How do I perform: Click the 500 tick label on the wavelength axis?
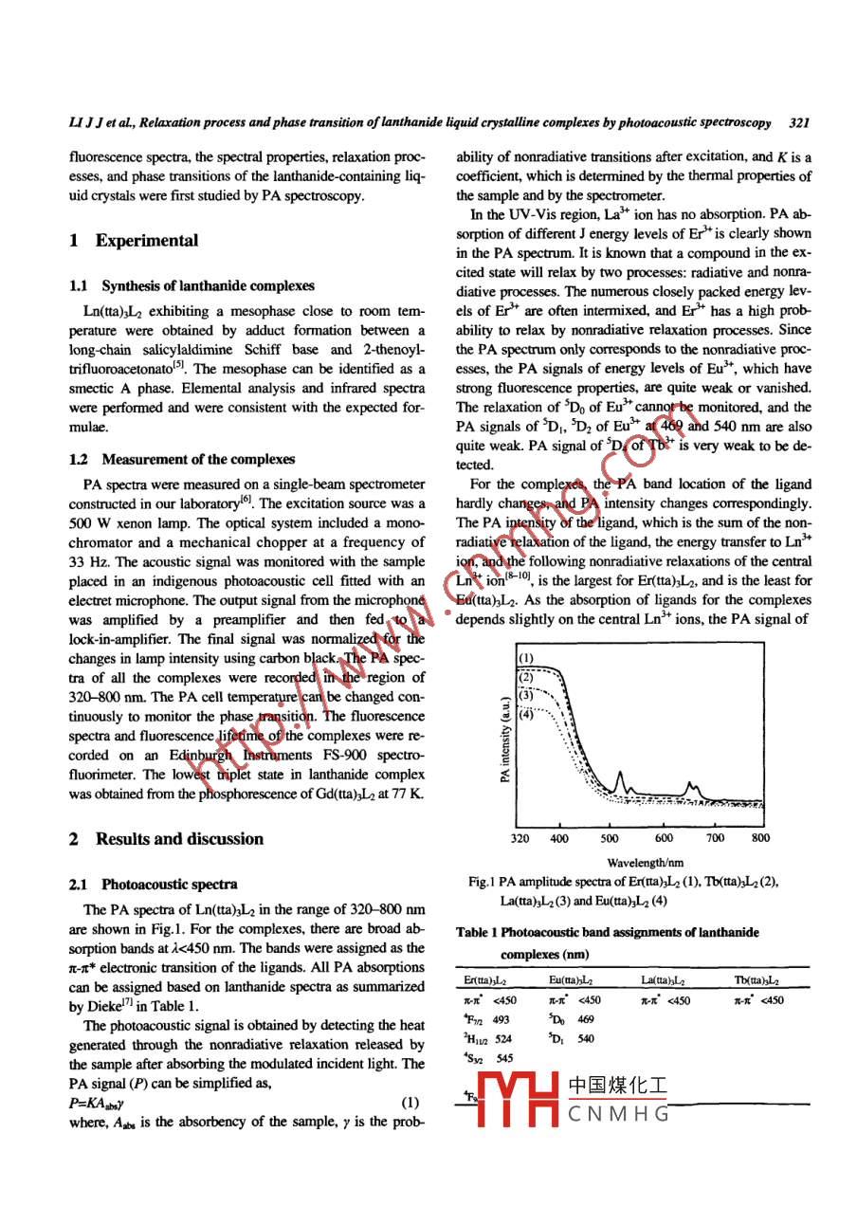[610, 838]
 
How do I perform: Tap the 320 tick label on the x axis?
[520, 838]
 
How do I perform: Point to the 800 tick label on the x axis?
[760, 838]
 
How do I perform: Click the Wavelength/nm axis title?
[645, 862]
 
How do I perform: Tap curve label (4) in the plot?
[527, 714]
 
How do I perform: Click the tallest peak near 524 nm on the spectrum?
[619, 774]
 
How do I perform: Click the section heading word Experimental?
[147, 241]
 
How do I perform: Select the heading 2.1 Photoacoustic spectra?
[154, 885]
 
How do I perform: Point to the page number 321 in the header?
[798, 123]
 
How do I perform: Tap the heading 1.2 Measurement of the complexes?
[182, 459]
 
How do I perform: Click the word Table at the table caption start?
[471, 933]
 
